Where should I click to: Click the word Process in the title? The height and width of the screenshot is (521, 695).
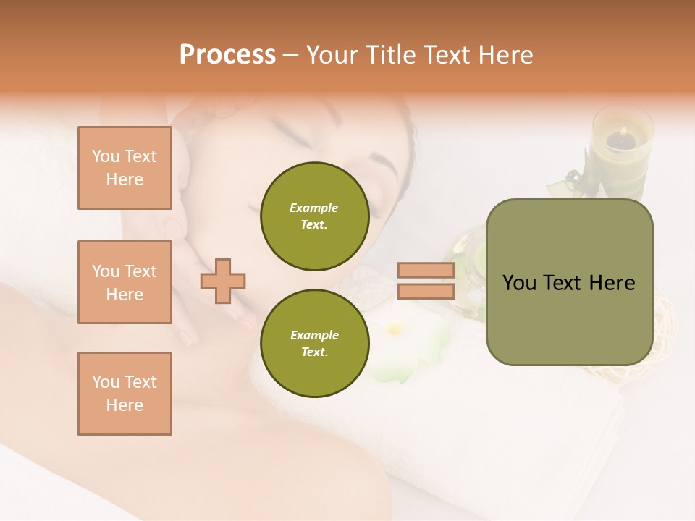pyautogui.click(x=227, y=54)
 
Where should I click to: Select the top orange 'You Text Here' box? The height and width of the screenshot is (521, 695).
pyautogui.click(x=125, y=168)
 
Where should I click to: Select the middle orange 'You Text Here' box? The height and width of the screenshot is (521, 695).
pyautogui.click(x=125, y=282)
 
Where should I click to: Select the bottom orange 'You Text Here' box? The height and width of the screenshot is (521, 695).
pyautogui.click(x=125, y=394)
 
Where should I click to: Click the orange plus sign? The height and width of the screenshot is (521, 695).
pyautogui.click(x=223, y=281)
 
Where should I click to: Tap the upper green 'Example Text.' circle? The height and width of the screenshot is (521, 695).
pyautogui.click(x=314, y=216)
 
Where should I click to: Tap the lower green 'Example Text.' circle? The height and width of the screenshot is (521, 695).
pyautogui.click(x=314, y=343)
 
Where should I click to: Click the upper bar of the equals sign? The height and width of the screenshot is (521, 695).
pyautogui.click(x=426, y=271)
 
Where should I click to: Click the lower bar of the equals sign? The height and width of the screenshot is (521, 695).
pyautogui.click(x=426, y=292)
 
